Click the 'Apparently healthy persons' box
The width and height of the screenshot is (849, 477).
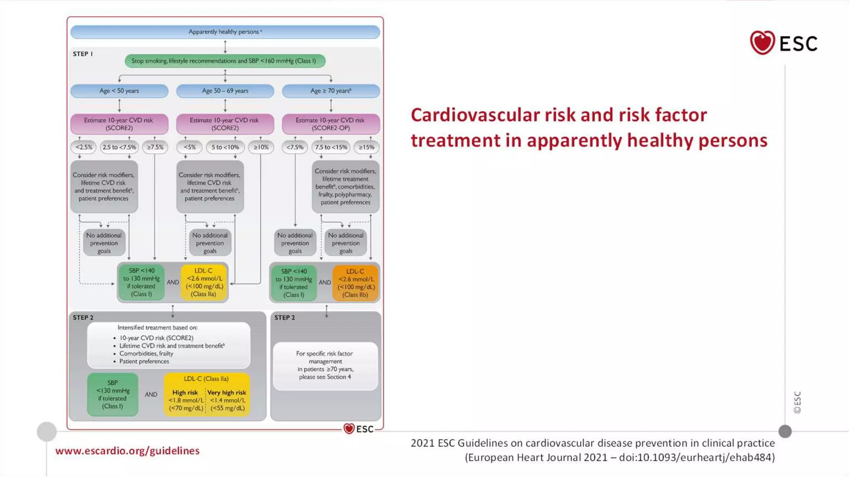(225, 32)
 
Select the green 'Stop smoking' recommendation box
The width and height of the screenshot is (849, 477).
(225, 61)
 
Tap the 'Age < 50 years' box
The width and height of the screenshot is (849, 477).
(119, 91)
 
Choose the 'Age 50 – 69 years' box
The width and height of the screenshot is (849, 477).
(225, 91)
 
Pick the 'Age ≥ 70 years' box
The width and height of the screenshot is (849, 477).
(331, 91)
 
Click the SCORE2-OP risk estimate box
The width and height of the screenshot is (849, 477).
(330, 124)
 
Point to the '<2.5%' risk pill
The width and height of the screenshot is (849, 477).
(84, 147)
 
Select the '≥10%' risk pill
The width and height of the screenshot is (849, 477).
(261, 147)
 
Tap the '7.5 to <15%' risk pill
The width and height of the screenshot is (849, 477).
(331, 147)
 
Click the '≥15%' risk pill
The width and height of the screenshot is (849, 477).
(366, 147)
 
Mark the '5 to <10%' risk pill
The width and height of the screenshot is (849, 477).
(225, 147)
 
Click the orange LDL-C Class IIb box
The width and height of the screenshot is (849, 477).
(356, 283)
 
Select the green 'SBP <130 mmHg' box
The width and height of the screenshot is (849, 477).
(113, 395)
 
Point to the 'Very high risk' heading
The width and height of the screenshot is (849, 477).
(227, 393)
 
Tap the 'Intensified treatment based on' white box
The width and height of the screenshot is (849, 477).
(169, 344)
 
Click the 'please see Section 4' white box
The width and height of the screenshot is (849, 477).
(325, 366)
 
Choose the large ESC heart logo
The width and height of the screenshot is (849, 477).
(762, 43)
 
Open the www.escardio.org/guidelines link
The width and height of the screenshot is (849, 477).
(127, 450)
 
